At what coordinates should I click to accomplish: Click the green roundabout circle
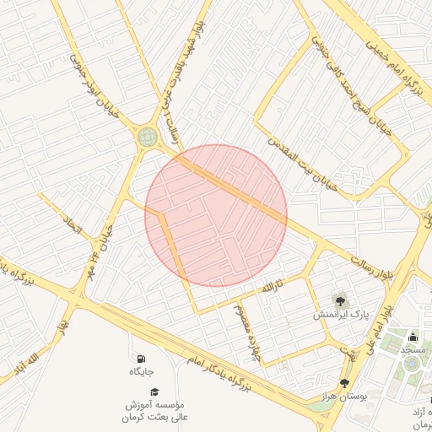pos(148,136)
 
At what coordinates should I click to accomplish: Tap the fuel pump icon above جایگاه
pos(139,359)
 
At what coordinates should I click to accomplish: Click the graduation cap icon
pos(154,392)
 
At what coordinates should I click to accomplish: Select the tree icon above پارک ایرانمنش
pos(340,300)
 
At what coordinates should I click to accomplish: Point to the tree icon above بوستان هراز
pos(344,382)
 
